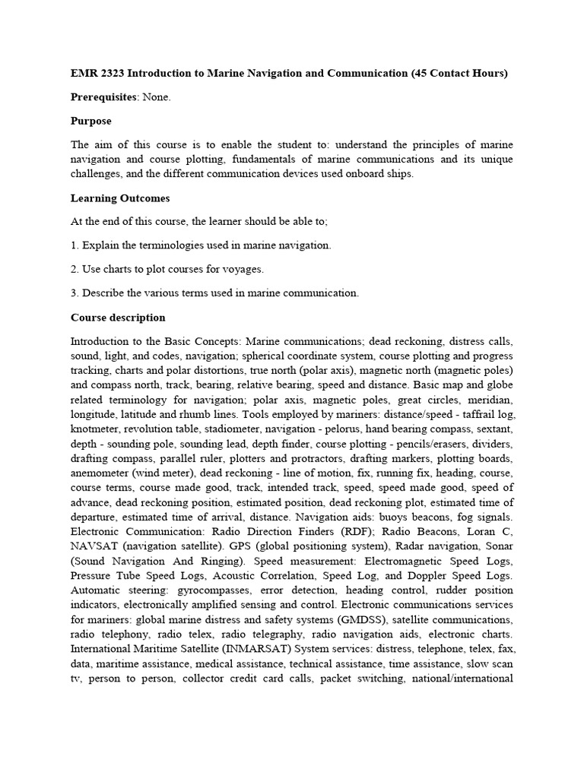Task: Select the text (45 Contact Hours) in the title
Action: pos(459,74)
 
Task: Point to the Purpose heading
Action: pos(91,121)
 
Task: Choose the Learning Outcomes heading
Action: pos(120,198)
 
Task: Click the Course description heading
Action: pos(118,318)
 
